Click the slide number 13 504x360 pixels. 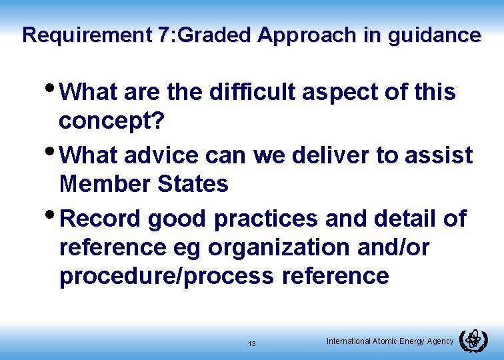251,344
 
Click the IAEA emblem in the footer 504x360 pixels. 473,341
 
